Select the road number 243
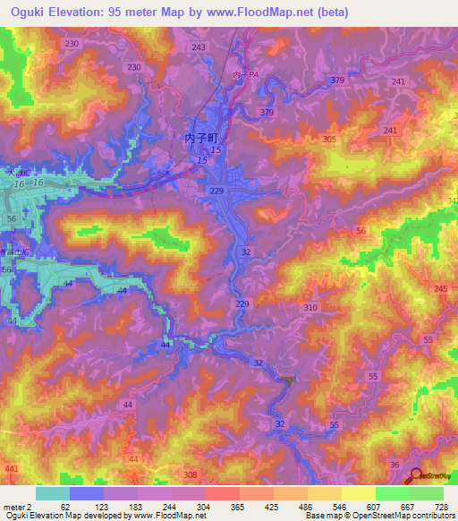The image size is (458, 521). tap(199, 47)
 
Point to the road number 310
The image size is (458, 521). tap(310, 307)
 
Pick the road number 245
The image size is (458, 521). tap(440, 287)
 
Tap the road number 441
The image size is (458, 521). tap(12, 468)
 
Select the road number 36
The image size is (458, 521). tap(394, 464)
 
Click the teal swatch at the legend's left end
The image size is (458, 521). tap(52, 493)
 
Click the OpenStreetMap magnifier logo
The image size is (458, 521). tap(416, 478)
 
